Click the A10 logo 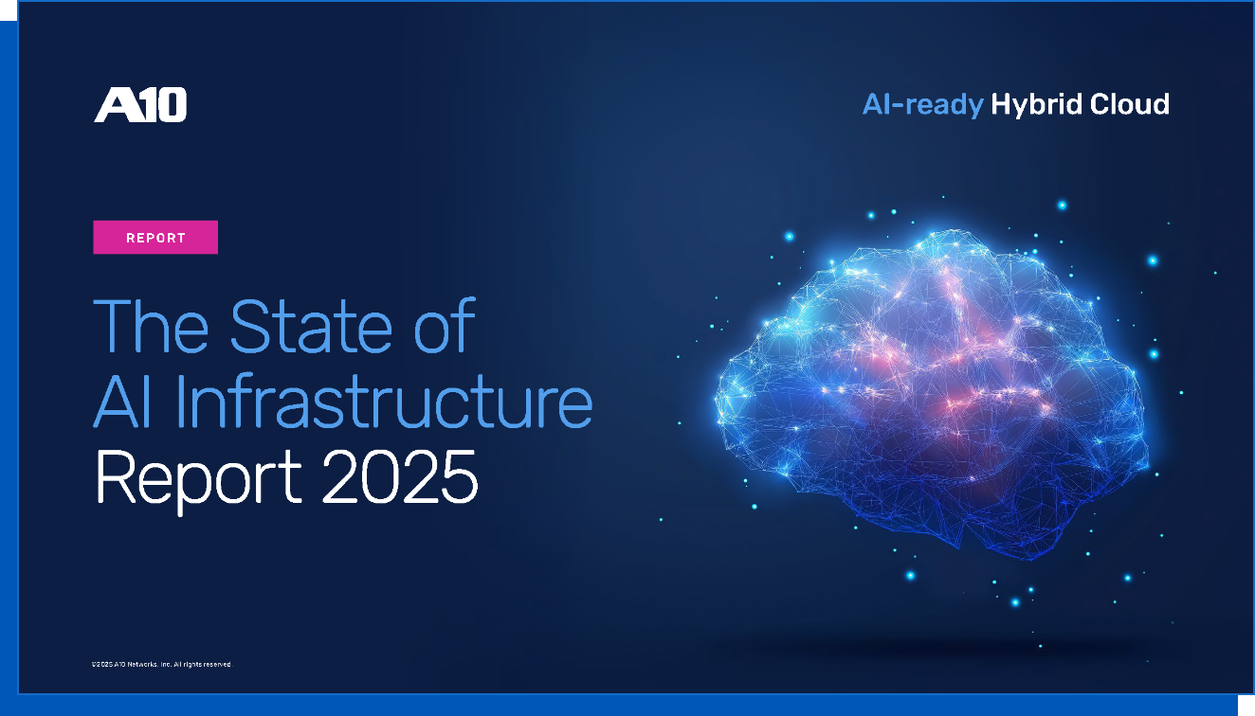point(140,105)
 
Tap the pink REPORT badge point(155,238)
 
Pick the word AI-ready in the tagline point(922,104)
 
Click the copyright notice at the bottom point(161,665)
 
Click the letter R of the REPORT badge point(130,238)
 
